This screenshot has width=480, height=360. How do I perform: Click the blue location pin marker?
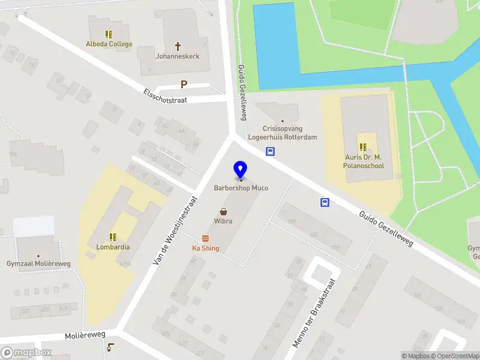[x=241, y=169]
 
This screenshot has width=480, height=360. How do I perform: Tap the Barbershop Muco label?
[x=241, y=188]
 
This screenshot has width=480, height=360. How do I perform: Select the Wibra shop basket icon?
[x=224, y=211]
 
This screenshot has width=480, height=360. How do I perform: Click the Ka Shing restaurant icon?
[x=206, y=239]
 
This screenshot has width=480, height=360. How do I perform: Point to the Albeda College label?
[x=109, y=44]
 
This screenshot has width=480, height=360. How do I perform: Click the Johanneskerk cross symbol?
[x=178, y=46]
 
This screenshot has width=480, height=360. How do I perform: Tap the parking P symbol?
[x=184, y=85]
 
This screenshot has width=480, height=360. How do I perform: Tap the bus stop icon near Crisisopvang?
[x=271, y=152]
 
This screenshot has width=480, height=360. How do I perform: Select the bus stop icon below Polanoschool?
[x=325, y=203]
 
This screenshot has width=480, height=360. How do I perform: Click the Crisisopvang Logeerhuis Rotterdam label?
[x=283, y=133]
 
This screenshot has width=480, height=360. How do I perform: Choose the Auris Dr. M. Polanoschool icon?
[x=363, y=147]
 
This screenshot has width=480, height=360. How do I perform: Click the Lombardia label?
[x=113, y=247]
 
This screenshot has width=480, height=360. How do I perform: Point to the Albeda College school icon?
[x=109, y=34]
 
